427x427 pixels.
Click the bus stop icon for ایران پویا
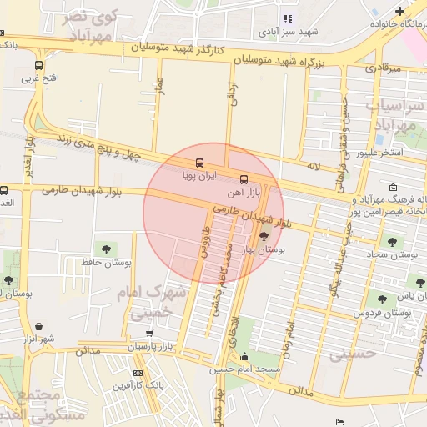(198, 163)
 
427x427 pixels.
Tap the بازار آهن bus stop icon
(244, 179)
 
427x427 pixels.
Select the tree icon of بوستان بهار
(264, 238)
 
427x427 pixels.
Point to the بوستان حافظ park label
(104, 262)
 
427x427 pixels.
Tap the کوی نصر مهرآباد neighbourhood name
(89, 26)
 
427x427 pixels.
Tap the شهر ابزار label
(38, 338)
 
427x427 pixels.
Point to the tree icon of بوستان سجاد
(392, 242)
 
